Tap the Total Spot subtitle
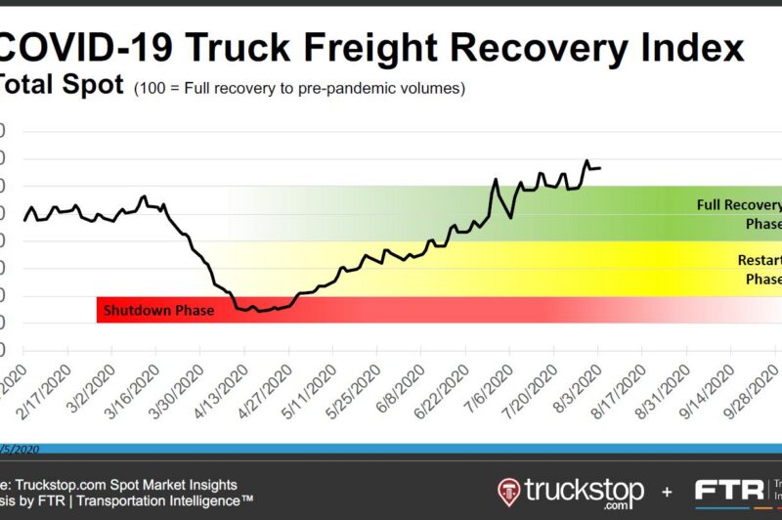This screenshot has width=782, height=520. (x=61, y=86)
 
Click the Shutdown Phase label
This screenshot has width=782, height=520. (x=147, y=311)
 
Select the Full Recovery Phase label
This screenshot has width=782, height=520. (x=739, y=214)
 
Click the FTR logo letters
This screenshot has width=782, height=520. (x=728, y=489)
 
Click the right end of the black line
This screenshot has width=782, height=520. (x=599, y=168)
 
